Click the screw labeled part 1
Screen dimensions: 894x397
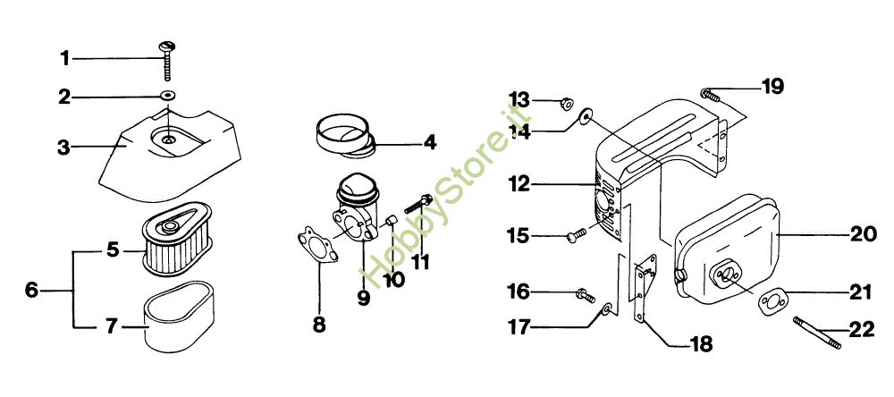point(168,60)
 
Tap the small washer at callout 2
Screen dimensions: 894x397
point(168,96)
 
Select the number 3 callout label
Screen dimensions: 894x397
point(63,148)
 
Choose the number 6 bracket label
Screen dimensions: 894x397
point(32,291)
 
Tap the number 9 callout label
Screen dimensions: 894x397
point(364,298)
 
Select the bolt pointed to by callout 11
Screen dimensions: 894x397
point(417,204)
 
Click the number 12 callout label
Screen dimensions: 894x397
point(520,184)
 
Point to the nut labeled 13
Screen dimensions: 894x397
point(566,104)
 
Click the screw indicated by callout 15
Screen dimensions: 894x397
point(577,235)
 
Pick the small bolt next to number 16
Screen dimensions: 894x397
point(585,295)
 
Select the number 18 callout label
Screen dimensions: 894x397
point(701,344)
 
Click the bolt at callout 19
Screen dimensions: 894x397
point(710,96)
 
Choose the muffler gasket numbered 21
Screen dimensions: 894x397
point(772,301)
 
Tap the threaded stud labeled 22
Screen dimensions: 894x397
point(816,333)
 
